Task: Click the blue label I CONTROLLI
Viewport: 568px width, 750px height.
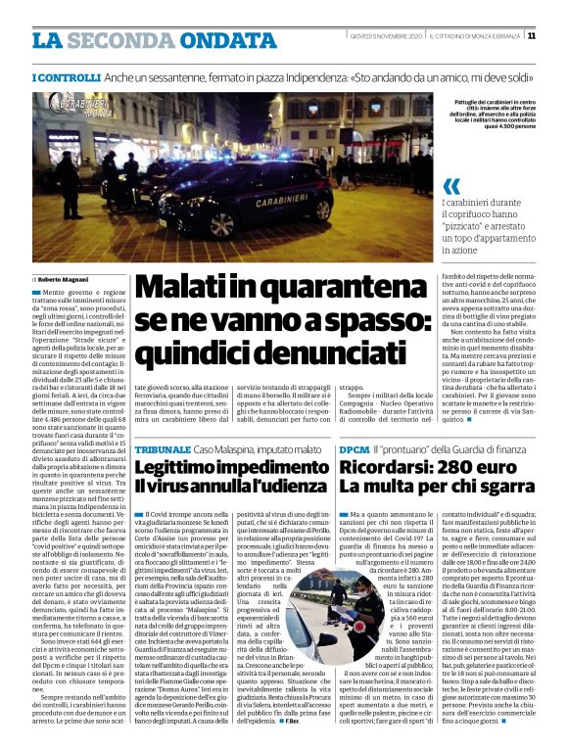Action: coord(67,76)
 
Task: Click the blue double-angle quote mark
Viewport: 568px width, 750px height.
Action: coord(451,186)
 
